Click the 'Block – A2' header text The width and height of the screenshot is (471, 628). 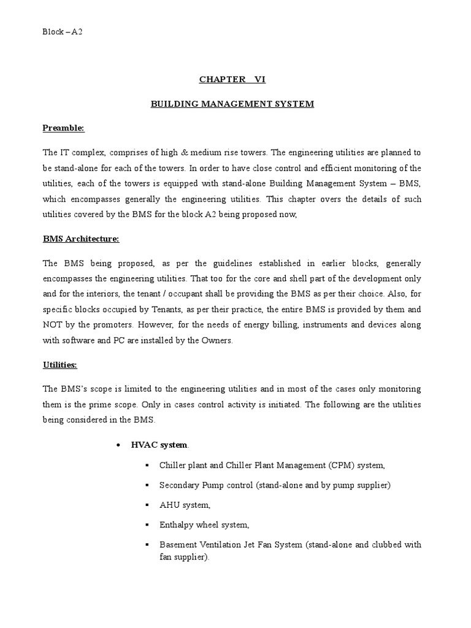click(x=62, y=31)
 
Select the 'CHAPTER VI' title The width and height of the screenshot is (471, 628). click(x=232, y=80)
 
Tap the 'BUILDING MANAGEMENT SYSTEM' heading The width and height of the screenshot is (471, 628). click(x=232, y=104)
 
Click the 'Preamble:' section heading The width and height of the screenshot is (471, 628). click(x=63, y=128)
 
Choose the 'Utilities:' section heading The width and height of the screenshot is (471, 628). click(x=59, y=365)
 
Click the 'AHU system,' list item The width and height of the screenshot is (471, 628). click(x=185, y=505)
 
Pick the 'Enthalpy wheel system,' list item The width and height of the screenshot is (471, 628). click(x=204, y=524)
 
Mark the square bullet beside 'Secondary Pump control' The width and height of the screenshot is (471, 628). click(x=147, y=485)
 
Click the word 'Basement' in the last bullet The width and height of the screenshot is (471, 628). click(x=178, y=545)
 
